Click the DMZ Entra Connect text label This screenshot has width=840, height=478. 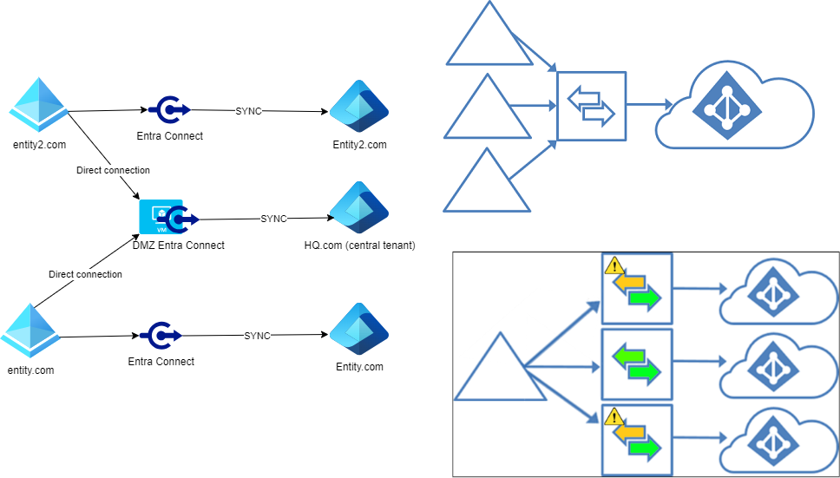(179, 246)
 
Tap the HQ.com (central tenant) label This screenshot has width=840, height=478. (359, 246)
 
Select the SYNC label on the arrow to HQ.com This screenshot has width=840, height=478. (273, 219)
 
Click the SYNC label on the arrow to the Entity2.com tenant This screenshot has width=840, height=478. (248, 111)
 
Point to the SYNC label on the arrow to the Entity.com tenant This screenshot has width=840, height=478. (257, 335)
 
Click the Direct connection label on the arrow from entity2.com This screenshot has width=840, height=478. (113, 170)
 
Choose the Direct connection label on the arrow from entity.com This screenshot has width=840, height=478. (85, 274)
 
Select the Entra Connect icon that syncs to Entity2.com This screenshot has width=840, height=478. (169, 110)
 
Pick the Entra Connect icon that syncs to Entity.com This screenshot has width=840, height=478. (161, 335)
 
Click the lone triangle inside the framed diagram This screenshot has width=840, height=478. (500, 367)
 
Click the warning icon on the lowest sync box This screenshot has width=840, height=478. (613, 416)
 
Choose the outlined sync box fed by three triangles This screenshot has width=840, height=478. (591, 105)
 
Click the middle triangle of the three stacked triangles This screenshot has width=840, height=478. (487, 108)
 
